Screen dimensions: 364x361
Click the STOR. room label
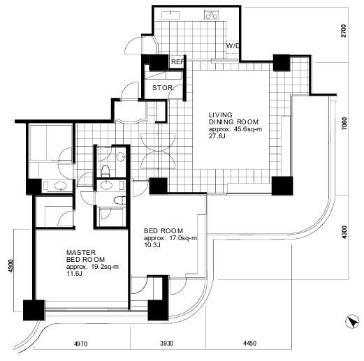(x=163, y=88)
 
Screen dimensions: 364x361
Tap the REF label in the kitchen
(x=177, y=62)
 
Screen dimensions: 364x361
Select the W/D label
(x=233, y=46)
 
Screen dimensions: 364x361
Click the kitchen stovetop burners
(x=212, y=15)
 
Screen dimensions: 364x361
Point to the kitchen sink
(x=170, y=15)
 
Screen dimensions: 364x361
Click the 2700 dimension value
(x=344, y=31)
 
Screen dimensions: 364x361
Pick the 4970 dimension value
(x=80, y=344)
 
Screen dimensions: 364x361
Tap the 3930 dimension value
(x=167, y=344)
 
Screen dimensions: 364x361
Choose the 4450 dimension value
(x=250, y=344)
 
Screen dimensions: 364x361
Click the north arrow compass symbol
(x=352, y=321)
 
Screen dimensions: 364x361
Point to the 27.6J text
(x=217, y=136)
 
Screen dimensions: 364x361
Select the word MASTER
(x=81, y=253)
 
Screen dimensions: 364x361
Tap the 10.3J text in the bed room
(x=152, y=245)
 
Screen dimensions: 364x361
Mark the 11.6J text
(x=74, y=274)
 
